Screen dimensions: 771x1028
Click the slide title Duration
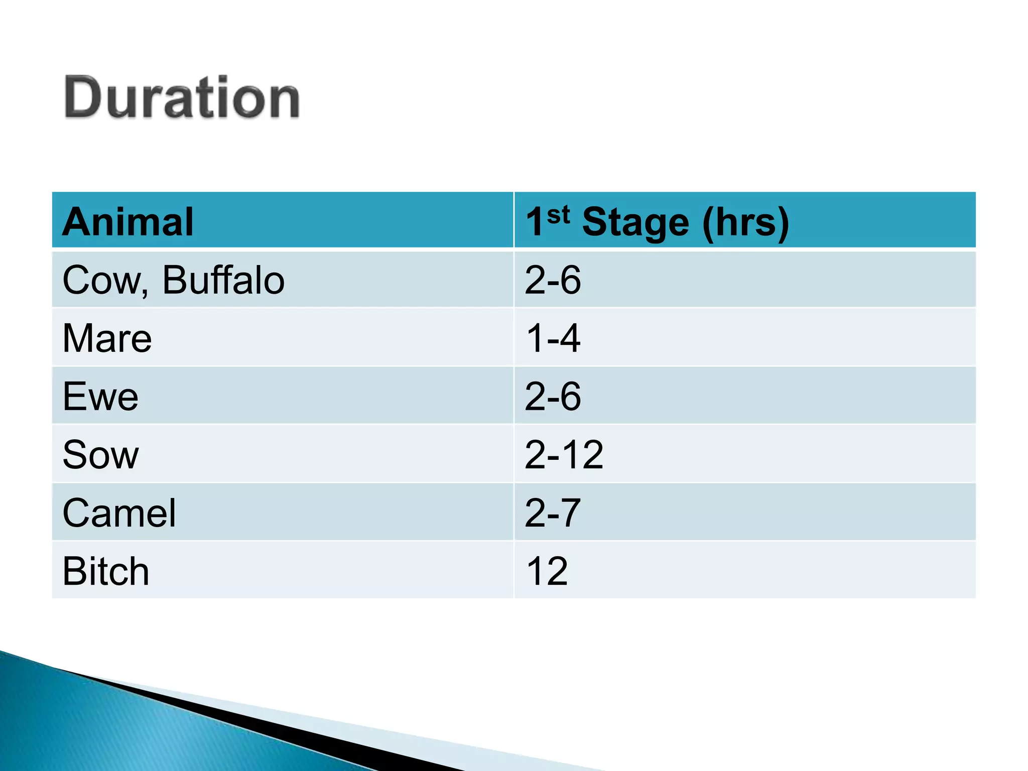pyautogui.click(x=182, y=97)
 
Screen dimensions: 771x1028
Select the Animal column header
pyautogui.click(x=128, y=222)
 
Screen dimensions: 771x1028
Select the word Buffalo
pyautogui.click(x=223, y=280)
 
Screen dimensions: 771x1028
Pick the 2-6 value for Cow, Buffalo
pyautogui.click(x=553, y=280)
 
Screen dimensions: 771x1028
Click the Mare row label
pyautogui.click(x=107, y=338)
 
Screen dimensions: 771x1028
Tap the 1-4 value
pyautogui.click(x=553, y=338)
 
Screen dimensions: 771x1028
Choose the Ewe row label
pyautogui.click(x=100, y=397)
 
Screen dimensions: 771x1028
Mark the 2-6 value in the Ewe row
pyautogui.click(x=553, y=397)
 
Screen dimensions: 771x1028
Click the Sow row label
pyautogui.click(x=100, y=455)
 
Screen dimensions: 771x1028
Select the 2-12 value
pyautogui.click(x=564, y=455)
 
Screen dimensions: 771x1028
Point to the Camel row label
pyautogui.click(x=119, y=513)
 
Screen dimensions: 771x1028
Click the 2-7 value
pyautogui.click(x=553, y=513)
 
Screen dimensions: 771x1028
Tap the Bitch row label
pyautogui.click(x=106, y=571)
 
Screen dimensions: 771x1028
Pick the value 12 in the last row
pyautogui.click(x=547, y=571)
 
